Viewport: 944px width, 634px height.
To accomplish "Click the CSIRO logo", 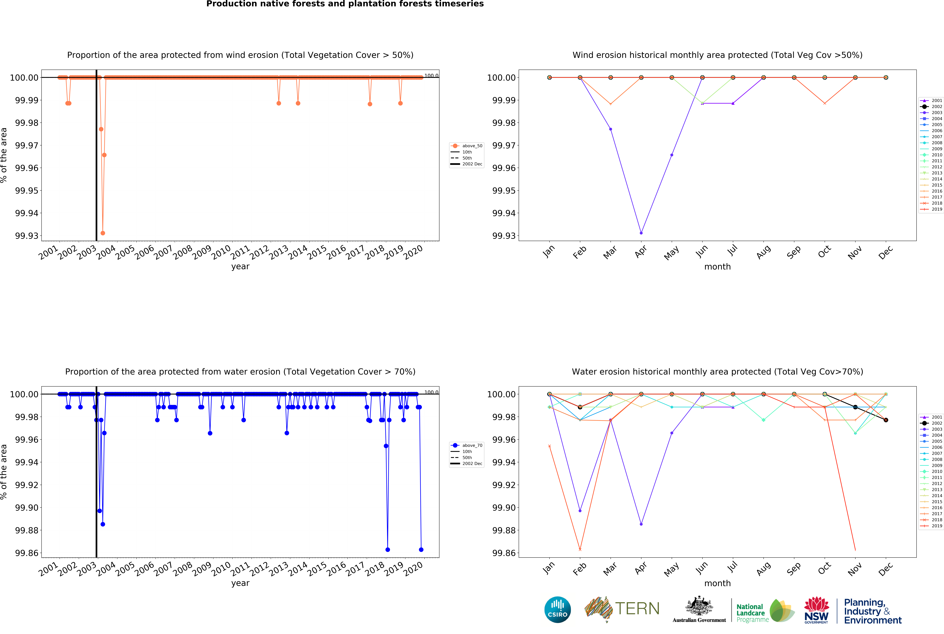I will [x=557, y=609].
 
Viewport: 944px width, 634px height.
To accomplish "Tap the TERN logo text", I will [x=637, y=608].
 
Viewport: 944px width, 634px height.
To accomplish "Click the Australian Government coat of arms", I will [x=699, y=607].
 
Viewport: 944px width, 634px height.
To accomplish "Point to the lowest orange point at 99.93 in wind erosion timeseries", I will [x=103, y=233].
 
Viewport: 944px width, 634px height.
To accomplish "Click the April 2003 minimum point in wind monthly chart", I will [x=641, y=233].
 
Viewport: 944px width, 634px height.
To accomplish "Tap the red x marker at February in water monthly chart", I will [x=580, y=550].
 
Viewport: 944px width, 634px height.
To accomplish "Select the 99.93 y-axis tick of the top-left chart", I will [x=27, y=236].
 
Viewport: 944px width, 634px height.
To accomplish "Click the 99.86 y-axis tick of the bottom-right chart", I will [x=504, y=553].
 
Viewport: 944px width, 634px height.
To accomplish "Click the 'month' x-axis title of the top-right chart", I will [x=717, y=266].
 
